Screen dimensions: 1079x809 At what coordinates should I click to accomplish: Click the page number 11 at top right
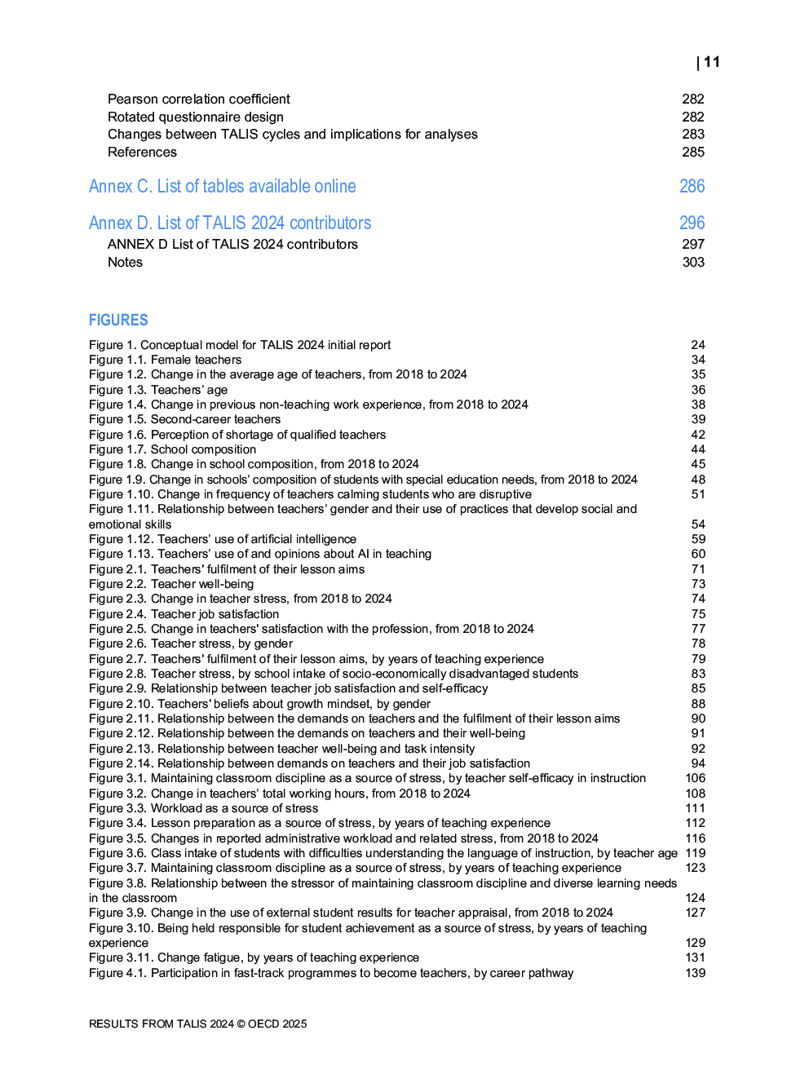point(711,62)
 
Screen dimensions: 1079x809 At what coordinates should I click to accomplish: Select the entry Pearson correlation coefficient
point(198,99)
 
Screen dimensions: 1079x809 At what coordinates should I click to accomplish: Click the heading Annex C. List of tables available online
point(222,186)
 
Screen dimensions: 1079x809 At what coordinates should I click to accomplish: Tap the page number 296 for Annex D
point(692,223)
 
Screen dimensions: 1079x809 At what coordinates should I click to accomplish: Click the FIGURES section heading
point(118,320)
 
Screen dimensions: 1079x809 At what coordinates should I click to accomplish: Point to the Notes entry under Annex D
point(125,262)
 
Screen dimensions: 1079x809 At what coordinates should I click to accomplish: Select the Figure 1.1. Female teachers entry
point(165,360)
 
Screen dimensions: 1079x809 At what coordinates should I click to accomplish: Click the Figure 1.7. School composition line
point(172,449)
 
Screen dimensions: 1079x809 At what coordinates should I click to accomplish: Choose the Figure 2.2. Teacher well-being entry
point(171,584)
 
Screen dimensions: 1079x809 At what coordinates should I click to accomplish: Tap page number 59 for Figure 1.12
point(698,539)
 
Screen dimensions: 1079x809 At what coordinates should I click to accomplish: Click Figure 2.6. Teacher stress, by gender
point(190,643)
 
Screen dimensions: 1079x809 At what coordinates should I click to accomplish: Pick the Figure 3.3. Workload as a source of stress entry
point(203,808)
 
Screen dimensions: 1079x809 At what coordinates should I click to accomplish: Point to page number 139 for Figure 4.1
point(695,973)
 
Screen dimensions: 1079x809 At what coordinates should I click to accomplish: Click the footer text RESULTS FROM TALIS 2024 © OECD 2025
point(197,1024)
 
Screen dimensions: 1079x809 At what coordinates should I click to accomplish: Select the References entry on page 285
point(142,152)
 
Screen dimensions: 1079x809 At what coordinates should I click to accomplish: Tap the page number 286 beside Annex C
point(692,186)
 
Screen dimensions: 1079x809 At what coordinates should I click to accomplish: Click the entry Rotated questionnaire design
point(196,117)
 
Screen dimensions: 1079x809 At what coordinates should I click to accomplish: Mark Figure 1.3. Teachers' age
point(158,390)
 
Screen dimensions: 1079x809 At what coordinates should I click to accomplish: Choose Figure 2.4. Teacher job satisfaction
point(183,614)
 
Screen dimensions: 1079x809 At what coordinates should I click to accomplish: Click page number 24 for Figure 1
point(698,345)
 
